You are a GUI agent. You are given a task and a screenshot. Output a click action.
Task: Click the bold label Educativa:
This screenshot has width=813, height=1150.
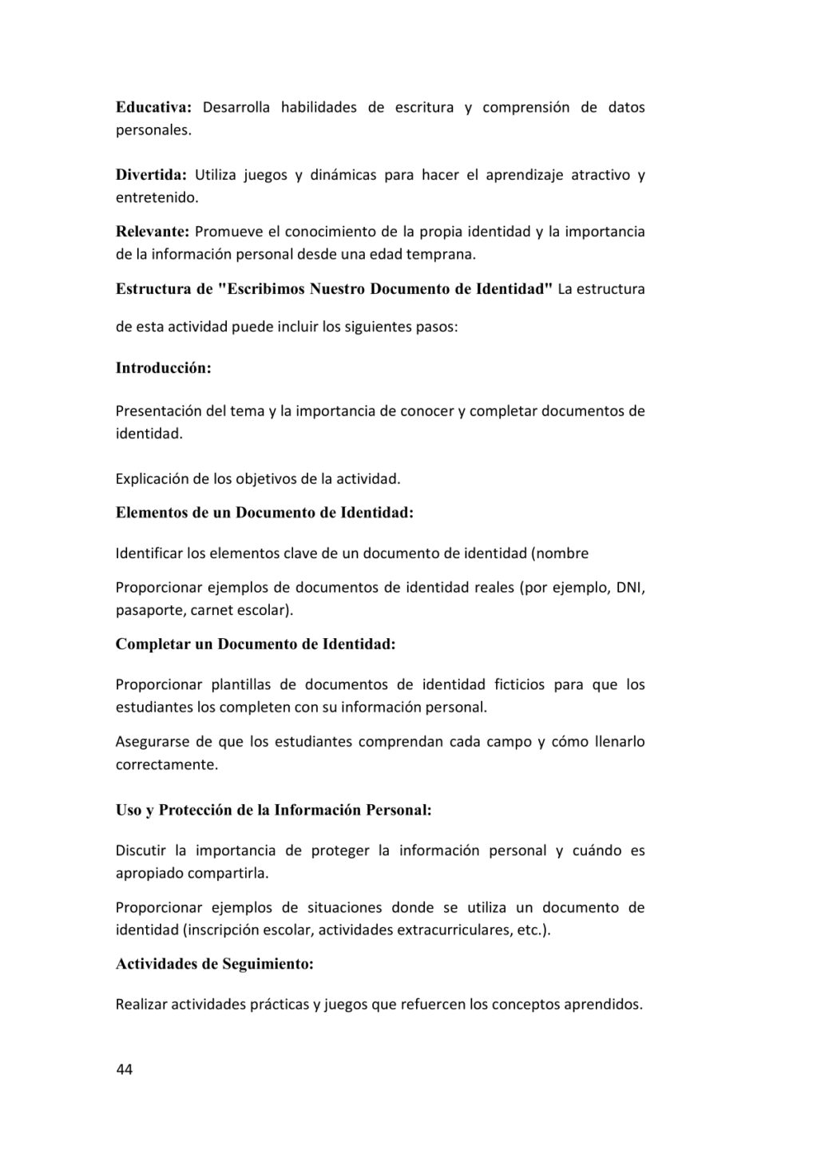[x=154, y=107]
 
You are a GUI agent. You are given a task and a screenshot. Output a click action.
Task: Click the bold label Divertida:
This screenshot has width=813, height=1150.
[x=151, y=174]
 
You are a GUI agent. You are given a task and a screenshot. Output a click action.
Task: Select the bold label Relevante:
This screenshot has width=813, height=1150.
[x=152, y=232]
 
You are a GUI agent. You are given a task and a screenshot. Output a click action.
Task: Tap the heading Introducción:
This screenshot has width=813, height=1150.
[x=164, y=368]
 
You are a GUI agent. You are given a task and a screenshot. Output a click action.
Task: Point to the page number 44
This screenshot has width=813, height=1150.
[x=125, y=1069]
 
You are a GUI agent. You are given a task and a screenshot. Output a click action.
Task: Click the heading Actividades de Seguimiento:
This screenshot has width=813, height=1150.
[x=214, y=964]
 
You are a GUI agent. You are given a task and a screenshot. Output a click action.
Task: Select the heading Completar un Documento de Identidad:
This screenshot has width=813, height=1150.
[x=256, y=644]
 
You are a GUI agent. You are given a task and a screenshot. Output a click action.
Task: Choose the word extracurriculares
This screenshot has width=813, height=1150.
[x=454, y=930]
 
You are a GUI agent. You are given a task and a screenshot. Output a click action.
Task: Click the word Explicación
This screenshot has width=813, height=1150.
[x=152, y=479]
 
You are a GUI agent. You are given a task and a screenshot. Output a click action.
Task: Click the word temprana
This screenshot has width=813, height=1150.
[x=446, y=255]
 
